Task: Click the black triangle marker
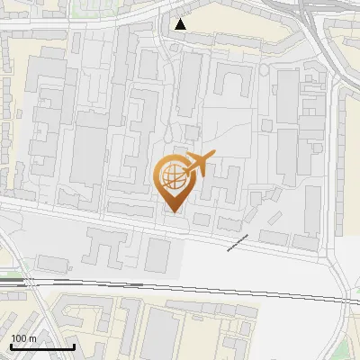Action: pos(182,24)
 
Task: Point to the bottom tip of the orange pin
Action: pos(172,211)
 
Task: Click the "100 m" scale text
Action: pos(23,337)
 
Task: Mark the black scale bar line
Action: pos(41,346)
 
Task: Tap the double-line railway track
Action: pos(180,288)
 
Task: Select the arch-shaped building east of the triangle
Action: pos(230,83)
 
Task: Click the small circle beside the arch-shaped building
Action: pos(263,68)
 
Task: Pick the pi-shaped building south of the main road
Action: pos(106,244)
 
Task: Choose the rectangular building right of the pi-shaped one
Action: pos(157,254)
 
